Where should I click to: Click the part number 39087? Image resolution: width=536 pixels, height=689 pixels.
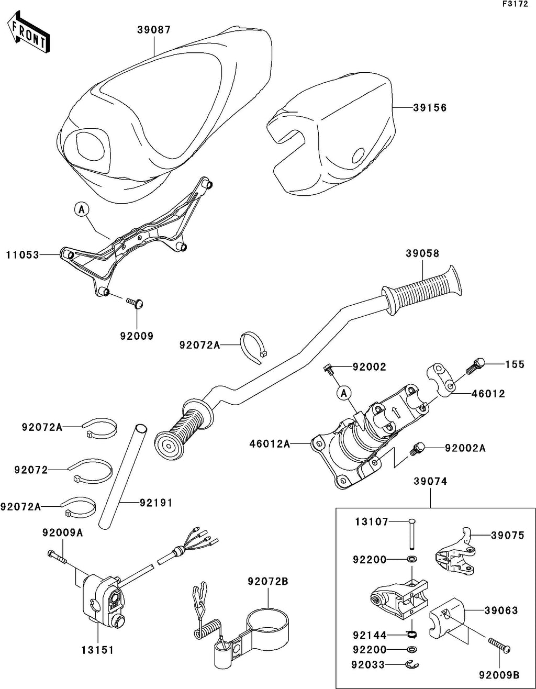[154, 30]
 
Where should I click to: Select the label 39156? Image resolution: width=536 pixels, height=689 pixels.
[430, 108]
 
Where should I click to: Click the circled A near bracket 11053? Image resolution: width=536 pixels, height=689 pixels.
[81, 209]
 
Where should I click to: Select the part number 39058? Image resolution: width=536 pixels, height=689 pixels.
[422, 253]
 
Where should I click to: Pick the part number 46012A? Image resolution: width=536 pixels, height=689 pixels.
[270, 444]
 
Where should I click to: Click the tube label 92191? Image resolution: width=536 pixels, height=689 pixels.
[155, 503]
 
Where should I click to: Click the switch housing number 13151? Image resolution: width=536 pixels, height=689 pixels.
[97, 650]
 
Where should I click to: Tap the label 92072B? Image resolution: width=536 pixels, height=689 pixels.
[268, 581]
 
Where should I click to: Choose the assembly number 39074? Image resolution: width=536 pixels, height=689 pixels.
[430, 482]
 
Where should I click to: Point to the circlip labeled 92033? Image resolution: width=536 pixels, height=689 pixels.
[411, 665]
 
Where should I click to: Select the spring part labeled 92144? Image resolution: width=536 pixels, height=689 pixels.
[412, 636]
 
